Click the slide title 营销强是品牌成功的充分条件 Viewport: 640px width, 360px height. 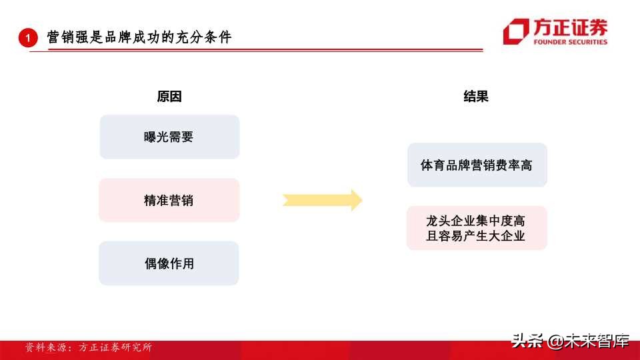[x=139, y=38]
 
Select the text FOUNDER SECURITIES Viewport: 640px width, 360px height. [x=570, y=42]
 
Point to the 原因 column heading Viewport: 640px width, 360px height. [x=169, y=97]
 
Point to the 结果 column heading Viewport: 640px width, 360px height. [x=476, y=97]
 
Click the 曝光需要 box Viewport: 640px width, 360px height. [x=169, y=137]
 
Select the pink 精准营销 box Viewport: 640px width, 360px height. [x=169, y=200]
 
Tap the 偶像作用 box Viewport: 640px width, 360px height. [x=169, y=263]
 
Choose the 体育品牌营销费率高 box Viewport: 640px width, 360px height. [x=477, y=165]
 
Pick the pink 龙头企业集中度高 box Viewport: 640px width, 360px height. [x=477, y=220]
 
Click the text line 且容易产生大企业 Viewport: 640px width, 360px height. [x=477, y=236]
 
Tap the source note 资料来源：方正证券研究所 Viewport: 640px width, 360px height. [x=88, y=347]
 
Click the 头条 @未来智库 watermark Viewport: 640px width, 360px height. [x=570, y=341]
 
